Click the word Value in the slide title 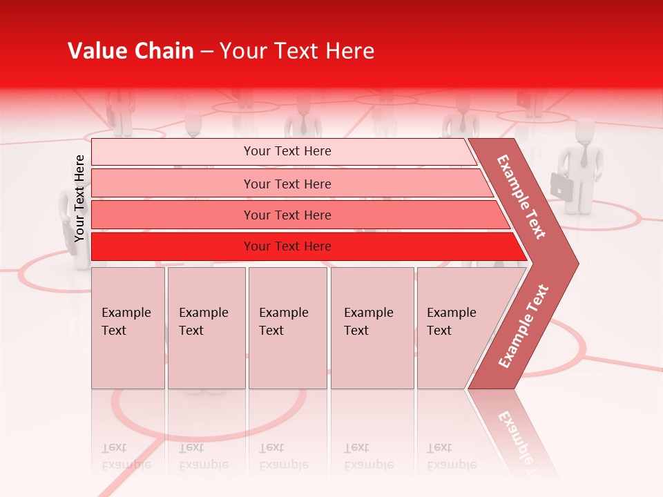tap(95, 51)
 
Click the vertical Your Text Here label tap(79, 198)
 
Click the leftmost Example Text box tap(128, 328)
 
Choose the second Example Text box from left tap(206, 328)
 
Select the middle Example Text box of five tap(287, 328)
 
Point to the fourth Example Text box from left tap(372, 328)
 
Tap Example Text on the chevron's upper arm tap(521, 197)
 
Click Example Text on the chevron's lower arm tap(523, 326)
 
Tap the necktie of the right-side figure tap(584, 157)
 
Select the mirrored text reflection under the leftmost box tap(126, 457)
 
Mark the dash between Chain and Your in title tap(206, 52)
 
